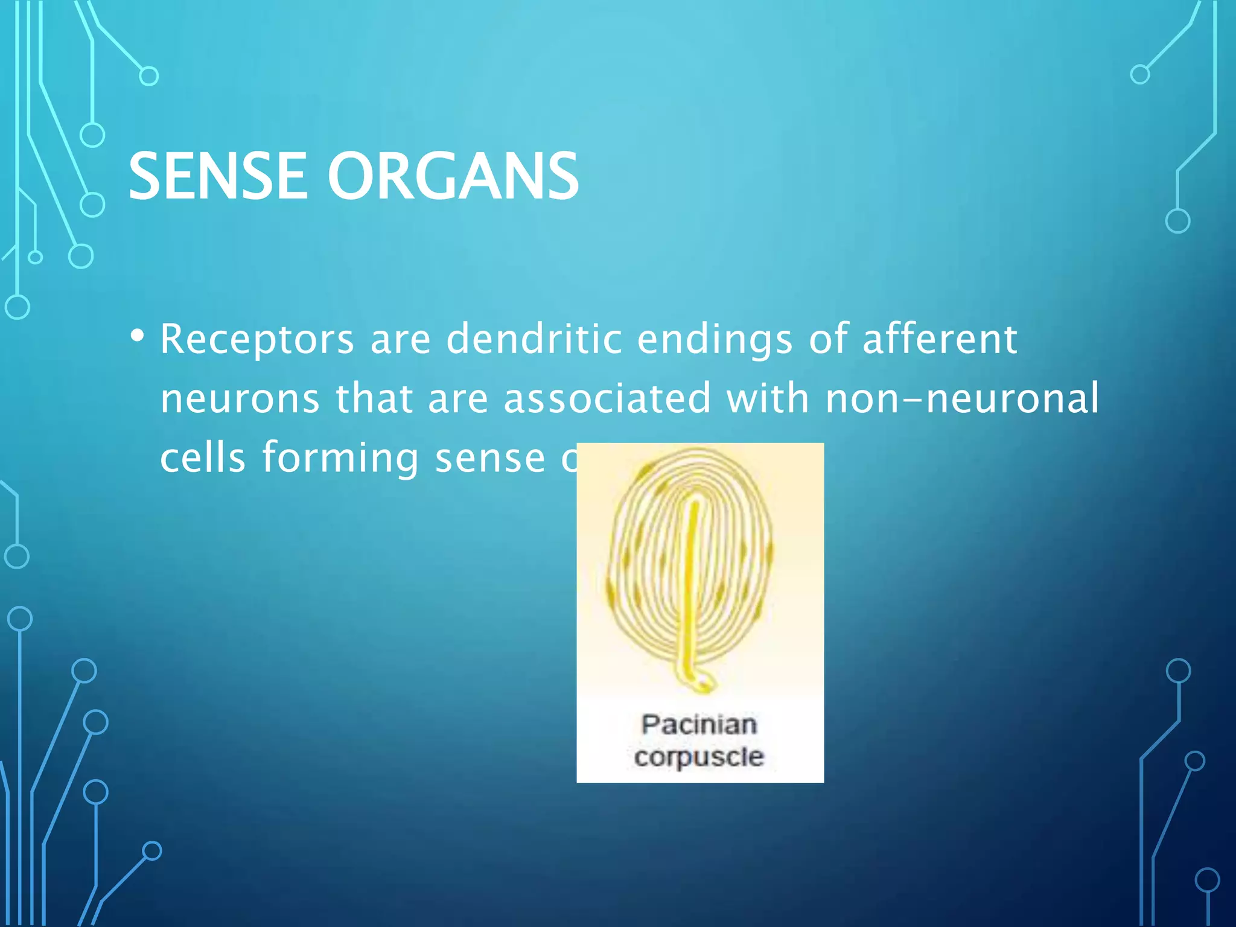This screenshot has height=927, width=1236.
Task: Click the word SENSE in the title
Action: pos(217,176)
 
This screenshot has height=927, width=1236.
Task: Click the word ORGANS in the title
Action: pos(453,176)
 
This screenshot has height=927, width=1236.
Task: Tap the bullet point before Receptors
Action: pos(138,336)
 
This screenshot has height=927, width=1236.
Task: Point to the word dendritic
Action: pos(534,339)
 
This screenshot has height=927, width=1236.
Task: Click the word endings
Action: pos(715,340)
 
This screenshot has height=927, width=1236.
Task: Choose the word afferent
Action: pos(940,339)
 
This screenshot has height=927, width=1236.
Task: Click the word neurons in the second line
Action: pos(240,399)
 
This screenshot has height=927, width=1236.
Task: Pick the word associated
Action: pos(607,399)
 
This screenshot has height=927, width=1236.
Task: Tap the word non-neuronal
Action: pos(962,399)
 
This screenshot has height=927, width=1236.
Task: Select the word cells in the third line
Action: pos(203,457)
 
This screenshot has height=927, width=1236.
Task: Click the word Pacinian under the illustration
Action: pos(699,724)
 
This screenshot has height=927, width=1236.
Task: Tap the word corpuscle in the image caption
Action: pos(699,757)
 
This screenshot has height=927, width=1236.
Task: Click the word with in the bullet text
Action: pos(767,399)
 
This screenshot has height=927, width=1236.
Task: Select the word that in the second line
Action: pos(374,399)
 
